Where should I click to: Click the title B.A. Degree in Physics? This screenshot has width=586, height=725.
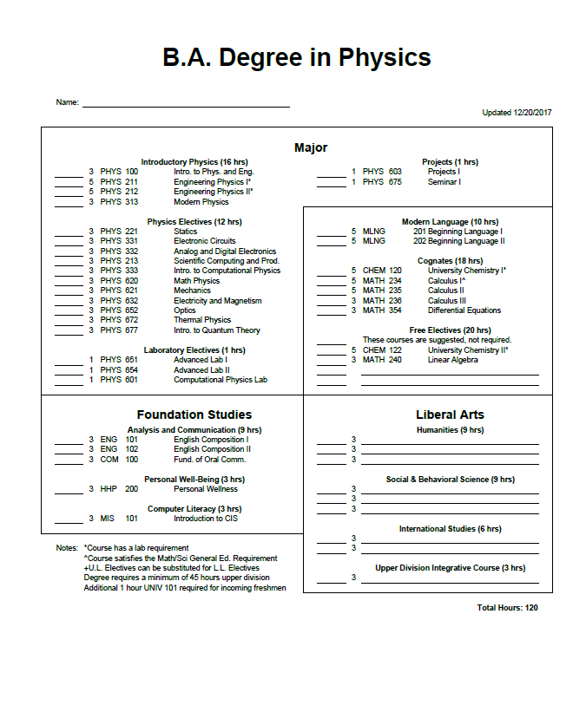297,58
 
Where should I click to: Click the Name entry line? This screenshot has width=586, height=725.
186,105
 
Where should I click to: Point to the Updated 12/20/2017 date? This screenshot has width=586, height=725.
517,113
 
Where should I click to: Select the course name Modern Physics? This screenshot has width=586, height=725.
201,202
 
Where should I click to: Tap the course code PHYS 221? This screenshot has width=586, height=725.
119,232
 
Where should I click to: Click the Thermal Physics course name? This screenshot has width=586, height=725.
202,320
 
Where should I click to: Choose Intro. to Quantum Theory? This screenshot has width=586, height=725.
216,330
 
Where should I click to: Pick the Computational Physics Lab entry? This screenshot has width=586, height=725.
220,380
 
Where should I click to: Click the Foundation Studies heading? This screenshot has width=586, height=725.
194,415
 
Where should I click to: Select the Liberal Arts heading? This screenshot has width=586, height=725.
450,415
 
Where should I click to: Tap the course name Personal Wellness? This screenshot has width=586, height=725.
205,489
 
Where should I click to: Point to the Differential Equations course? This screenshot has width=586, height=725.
464,310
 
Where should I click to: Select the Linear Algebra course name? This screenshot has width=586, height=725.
452,360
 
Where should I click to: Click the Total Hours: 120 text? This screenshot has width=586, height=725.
507,608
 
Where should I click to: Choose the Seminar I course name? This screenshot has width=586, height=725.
444,182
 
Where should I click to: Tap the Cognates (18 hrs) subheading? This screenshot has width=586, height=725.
450,260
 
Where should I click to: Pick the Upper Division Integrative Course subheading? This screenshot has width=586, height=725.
450,568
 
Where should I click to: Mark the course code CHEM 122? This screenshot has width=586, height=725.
382,350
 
